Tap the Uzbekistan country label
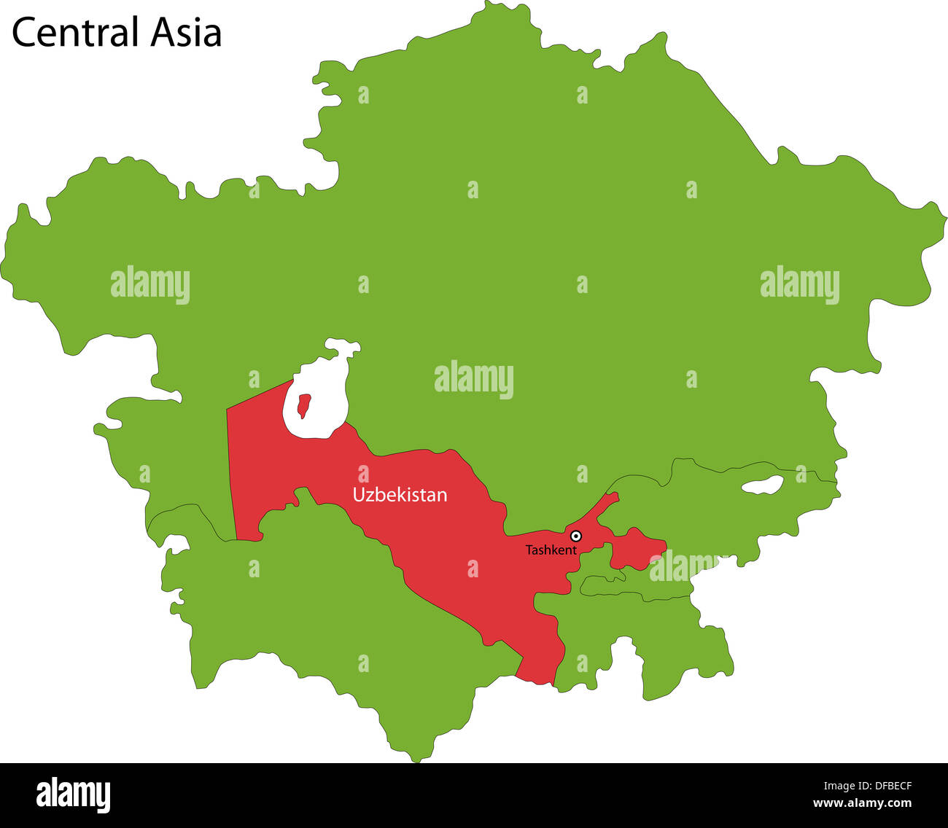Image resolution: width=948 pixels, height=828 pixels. pyautogui.click(x=400, y=495)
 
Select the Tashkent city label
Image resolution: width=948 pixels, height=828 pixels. pyautogui.click(x=551, y=550)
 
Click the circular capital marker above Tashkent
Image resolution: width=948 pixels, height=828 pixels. pyautogui.click(x=575, y=536)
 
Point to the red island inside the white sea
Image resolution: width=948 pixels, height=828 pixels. pyautogui.click(x=303, y=405)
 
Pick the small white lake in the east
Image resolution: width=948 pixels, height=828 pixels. pyautogui.click(x=761, y=485)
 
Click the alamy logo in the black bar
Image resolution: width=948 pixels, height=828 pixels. pyautogui.click(x=74, y=794)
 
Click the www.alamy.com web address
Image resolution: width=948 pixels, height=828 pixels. pyautogui.click(x=862, y=803)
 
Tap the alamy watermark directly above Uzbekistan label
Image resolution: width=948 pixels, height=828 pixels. pyautogui.click(x=474, y=380)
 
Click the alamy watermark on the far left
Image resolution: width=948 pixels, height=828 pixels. pyautogui.click(x=150, y=285)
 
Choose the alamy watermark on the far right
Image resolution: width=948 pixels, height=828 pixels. pyautogui.click(x=799, y=285)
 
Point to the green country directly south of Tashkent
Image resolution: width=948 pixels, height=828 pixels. pyautogui.click(x=620, y=627)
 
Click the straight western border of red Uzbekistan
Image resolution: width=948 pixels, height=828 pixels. pyautogui.click(x=231, y=474)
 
